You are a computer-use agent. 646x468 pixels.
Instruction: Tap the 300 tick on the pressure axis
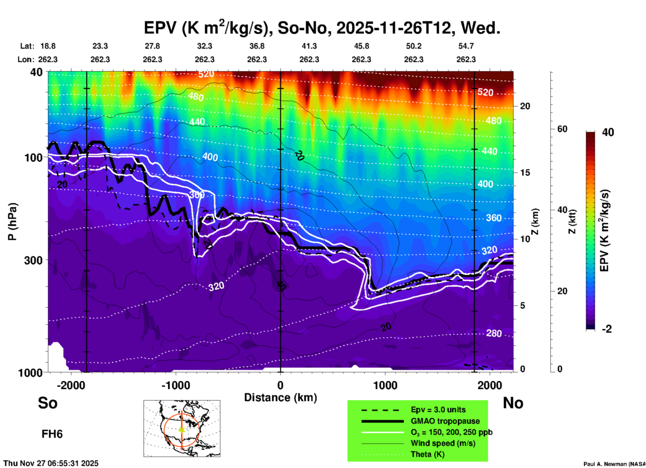pyautogui.click(x=33, y=260)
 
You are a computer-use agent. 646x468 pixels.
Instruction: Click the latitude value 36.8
pyautogui.click(x=257, y=46)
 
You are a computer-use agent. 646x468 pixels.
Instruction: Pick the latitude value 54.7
pyautogui.click(x=466, y=46)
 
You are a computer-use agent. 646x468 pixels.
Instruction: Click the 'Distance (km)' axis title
pyautogui.click(x=280, y=397)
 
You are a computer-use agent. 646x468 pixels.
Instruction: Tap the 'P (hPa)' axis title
pyautogui.click(x=12, y=222)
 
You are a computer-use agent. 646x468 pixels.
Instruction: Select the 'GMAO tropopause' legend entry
pyautogui.click(x=445, y=421)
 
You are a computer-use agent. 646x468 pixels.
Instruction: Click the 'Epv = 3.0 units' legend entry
pyautogui.click(x=438, y=410)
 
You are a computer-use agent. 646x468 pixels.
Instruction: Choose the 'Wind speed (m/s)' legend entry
pyautogui.click(x=443, y=443)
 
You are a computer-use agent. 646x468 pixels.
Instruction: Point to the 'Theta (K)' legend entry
pyautogui.click(x=427, y=454)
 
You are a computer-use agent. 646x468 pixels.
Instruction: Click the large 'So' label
pyautogui.click(x=48, y=403)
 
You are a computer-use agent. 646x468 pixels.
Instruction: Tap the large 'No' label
pyautogui.click(x=513, y=403)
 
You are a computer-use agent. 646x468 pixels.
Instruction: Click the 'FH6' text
pyautogui.click(x=52, y=434)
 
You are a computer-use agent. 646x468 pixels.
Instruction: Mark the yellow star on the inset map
pyautogui.click(x=182, y=430)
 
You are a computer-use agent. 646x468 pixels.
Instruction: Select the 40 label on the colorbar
pyautogui.click(x=608, y=132)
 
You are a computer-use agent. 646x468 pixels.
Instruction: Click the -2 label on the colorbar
pyautogui.click(x=607, y=329)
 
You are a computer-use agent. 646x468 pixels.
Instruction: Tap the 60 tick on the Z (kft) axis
pyautogui.click(x=562, y=129)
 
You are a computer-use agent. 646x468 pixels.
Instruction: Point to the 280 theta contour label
pyautogui.click(x=494, y=333)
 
